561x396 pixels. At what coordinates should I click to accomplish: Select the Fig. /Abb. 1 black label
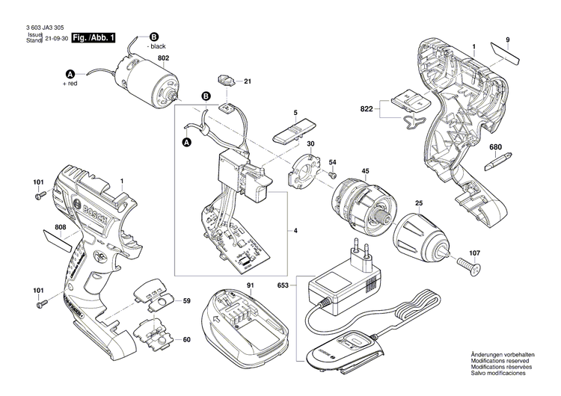coord(93,37)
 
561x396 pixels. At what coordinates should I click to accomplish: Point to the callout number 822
coord(367,109)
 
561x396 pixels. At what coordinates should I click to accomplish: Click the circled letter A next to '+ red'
coord(71,74)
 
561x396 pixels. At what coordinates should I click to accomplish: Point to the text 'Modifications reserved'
coord(498,360)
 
